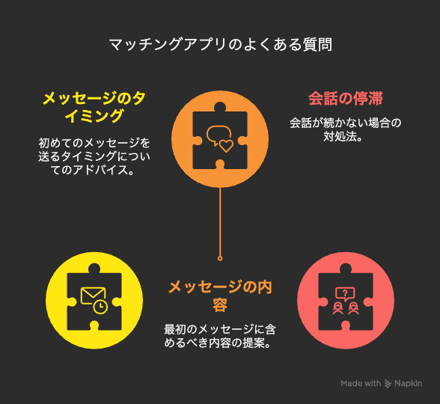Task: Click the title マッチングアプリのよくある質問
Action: click(x=220, y=45)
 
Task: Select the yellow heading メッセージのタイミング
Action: click(x=94, y=107)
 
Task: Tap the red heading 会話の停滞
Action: click(x=346, y=99)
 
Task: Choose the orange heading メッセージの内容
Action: click(x=220, y=296)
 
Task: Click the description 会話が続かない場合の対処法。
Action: click(x=346, y=129)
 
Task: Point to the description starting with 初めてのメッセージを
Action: click(x=94, y=156)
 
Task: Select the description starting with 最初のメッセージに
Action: click(x=220, y=336)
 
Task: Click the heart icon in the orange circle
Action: click(x=226, y=146)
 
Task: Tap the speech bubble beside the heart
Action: click(x=218, y=135)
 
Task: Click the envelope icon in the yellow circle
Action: click(x=93, y=296)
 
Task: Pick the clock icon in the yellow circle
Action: click(x=100, y=307)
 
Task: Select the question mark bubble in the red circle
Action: click(x=345, y=294)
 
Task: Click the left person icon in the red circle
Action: click(x=338, y=308)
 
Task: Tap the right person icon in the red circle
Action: click(x=353, y=308)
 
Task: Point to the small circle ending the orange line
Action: click(x=220, y=258)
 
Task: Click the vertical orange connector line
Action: click(x=220, y=222)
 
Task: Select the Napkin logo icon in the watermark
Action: click(x=388, y=384)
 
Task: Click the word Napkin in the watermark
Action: click(x=409, y=384)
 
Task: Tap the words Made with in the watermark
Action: click(x=361, y=383)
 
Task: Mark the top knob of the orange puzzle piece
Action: click(x=220, y=107)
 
